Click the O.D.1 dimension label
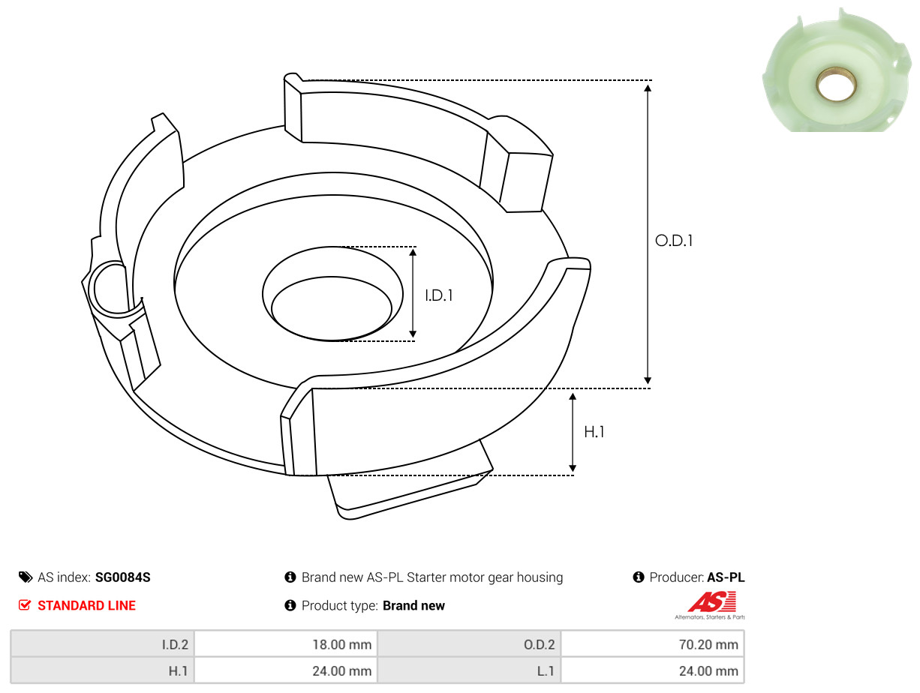coord(673,241)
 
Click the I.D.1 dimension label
coord(439,295)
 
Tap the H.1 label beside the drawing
coord(594,432)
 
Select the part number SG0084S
coord(122,577)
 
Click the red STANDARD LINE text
coord(86,605)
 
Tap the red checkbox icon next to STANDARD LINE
coord(25,605)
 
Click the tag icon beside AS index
coord(26,577)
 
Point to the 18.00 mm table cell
coord(286,644)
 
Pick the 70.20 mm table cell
coord(653,644)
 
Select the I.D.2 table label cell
coord(102,644)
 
